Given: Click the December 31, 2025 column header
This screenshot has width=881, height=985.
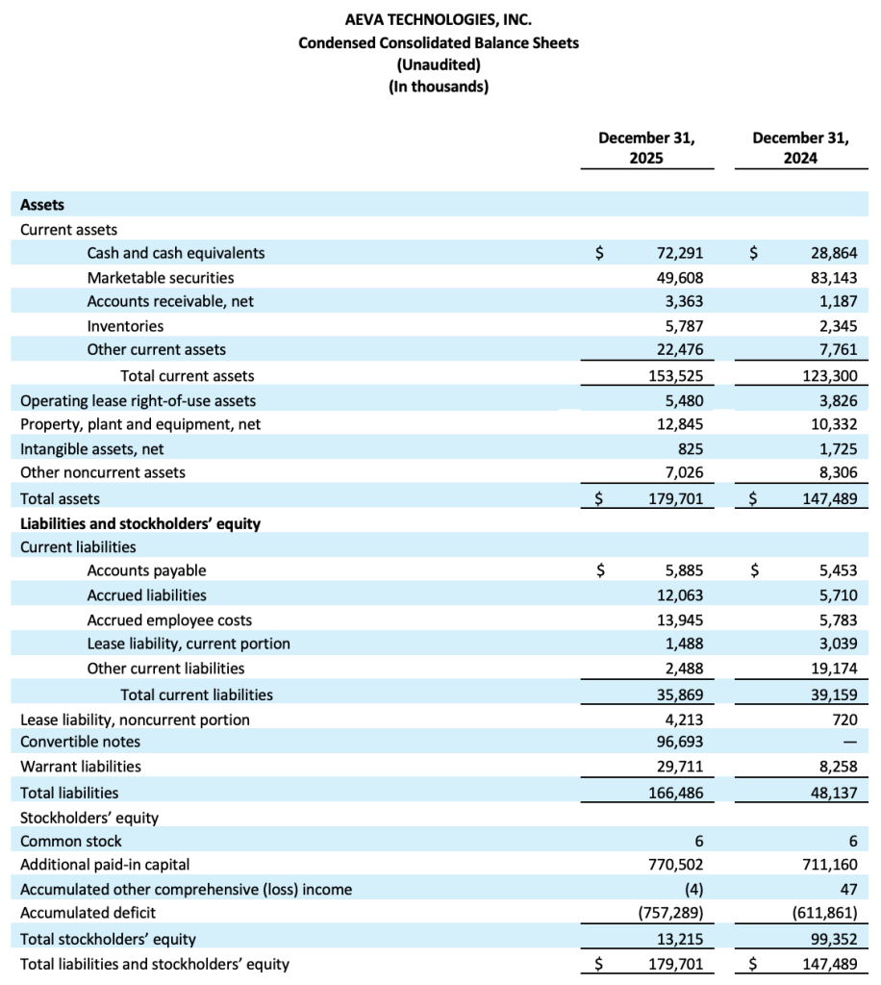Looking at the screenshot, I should pyautogui.click(x=646, y=147).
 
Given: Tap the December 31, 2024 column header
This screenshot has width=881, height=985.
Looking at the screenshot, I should pyautogui.click(x=800, y=147).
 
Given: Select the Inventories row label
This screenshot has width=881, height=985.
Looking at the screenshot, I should pyautogui.click(x=125, y=326).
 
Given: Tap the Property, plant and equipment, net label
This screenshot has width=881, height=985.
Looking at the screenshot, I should pyautogui.click(x=140, y=424).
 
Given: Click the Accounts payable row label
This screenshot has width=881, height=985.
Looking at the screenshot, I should pyautogui.click(x=146, y=570).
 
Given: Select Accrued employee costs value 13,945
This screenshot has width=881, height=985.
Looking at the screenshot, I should pyautogui.click(x=679, y=620).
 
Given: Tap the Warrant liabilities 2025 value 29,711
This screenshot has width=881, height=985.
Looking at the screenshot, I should pyautogui.click(x=679, y=767).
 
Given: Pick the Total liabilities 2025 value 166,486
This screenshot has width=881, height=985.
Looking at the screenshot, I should pyautogui.click(x=673, y=793).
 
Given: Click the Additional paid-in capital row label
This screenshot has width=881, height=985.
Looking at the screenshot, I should pyautogui.click(x=112, y=865).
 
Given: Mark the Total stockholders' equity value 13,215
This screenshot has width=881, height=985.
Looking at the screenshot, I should pyautogui.click(x=679, y=939).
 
